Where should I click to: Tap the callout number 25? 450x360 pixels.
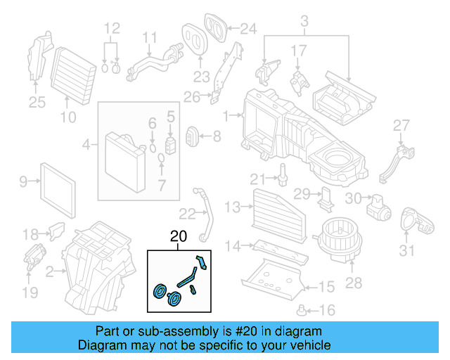(x=37, y=103)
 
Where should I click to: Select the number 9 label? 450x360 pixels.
(x=23, y=182)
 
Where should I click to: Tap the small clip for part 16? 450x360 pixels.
(x=304, y=309)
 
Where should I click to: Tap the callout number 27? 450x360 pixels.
(x=401, y=126)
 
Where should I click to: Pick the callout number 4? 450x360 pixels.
(x=86, y=146)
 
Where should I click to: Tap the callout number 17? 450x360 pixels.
(x=299, y=51)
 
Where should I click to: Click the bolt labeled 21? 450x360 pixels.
(x=283, y=173)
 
